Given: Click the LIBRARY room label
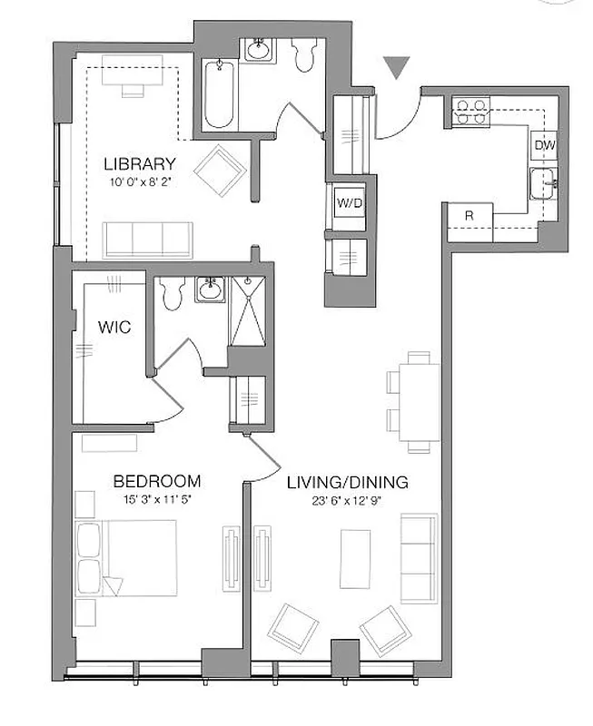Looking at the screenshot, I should click(139, 164).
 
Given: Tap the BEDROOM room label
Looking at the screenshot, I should click(156, 481).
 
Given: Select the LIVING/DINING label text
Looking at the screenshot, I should click(347, 482).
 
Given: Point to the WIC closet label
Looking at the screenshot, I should click(114, 326).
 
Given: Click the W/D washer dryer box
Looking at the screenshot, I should click(350, 203).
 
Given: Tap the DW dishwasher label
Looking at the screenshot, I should click(544, 145).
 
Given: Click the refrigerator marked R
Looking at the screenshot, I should click(469, 216).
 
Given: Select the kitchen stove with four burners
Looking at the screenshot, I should click(469, 112).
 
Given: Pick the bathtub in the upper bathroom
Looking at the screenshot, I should click(220, 95).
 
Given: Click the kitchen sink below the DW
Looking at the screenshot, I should click(545, 182).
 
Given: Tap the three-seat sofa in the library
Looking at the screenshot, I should click(147, 239).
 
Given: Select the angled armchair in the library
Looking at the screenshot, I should click(222, 171).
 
